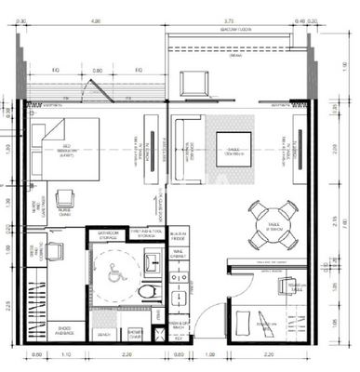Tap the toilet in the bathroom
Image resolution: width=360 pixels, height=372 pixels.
click(145, 292)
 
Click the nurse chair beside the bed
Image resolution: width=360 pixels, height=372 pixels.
click(65, 200)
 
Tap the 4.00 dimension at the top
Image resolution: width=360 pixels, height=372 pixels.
click(95, 19)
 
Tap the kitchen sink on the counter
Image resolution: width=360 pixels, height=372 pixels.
click(179, 297)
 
